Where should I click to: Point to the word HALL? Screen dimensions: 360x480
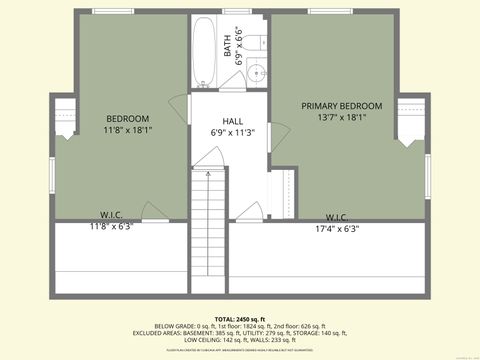point(233,119)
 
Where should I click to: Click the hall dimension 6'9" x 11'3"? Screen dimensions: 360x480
point(233,132)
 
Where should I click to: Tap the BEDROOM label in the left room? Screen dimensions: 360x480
point(127,117)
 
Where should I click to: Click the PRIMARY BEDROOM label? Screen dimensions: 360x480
point(342,105)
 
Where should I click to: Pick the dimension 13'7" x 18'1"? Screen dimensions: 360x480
point(342,117)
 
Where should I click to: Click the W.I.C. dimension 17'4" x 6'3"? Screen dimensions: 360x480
point(336,228)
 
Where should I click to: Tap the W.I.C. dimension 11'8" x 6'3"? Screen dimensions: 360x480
point(111,226)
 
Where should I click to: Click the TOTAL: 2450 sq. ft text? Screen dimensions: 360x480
point(239,317)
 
